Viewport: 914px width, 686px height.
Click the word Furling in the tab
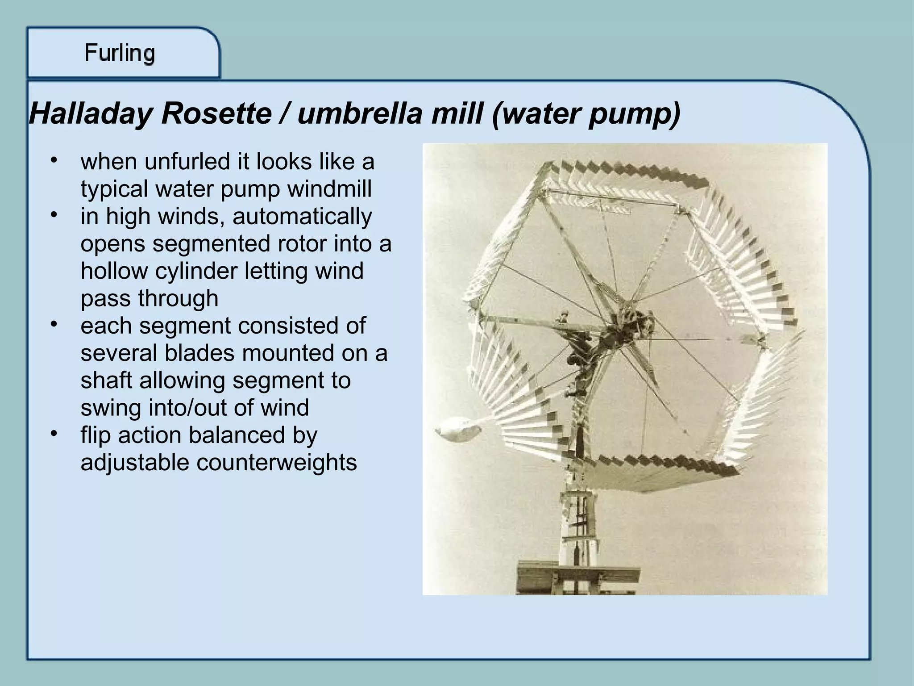(120, 54)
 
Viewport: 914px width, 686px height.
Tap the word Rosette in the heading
(216, 114)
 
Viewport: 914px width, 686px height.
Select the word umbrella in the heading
(359, 114)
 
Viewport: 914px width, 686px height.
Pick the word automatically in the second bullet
(302, 217)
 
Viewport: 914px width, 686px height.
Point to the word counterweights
(276, 462)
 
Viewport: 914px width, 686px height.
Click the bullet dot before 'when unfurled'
(54, 160)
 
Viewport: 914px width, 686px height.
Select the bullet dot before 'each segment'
(54, 324)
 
